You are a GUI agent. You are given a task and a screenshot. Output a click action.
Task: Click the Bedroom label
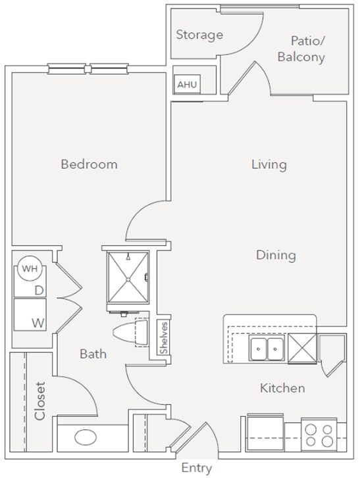(89, 164)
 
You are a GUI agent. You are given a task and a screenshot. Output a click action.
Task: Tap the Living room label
(269, 164)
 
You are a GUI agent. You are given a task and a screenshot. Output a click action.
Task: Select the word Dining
(276, 254)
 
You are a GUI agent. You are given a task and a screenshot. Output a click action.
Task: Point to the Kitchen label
(282, 388)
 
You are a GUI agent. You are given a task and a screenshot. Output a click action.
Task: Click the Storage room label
(199, 35)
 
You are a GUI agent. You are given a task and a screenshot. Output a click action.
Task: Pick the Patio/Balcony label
(301, 49)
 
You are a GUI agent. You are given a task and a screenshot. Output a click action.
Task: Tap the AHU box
(185, 85)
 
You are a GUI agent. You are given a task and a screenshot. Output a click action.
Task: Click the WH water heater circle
(28, 268)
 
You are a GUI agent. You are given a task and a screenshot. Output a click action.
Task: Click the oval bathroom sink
(86, 437)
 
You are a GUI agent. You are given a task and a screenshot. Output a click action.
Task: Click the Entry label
(196, 468)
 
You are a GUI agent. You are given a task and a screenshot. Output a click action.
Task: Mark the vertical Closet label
(40, 401)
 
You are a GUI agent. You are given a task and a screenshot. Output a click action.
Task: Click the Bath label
(93, 354)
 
